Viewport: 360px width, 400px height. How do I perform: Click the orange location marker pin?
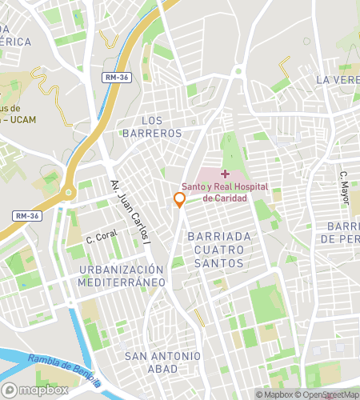click(x=180, y=200)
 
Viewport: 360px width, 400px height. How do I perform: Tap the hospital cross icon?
click(x=225, y=174)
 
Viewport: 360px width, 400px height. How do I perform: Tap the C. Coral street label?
click(x=102, y=237)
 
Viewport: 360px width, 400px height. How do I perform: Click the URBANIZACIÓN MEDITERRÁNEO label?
click(x=122, y=275)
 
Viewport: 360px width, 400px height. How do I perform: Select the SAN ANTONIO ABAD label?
click(x=158, y=362)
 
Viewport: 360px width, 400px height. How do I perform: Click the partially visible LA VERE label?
click(x=337, y=80)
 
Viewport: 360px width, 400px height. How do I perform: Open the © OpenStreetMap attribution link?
click(x=328, y=394)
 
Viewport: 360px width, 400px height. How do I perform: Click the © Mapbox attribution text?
click(x=274, y=394)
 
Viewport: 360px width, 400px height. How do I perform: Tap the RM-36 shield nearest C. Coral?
click(x=26, y=215)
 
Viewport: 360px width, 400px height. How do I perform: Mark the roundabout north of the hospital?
click(x=238, y=71)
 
